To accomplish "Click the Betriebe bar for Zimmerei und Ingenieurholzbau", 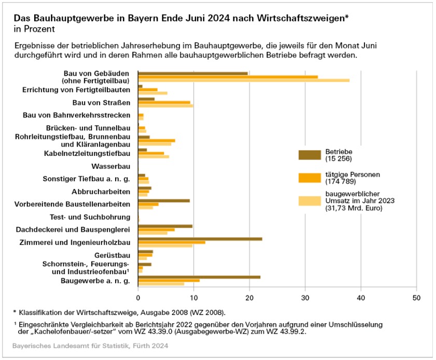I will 200,239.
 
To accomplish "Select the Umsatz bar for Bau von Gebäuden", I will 244,80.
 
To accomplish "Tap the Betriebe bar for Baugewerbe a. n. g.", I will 199,277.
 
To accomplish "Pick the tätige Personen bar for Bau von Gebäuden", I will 228,77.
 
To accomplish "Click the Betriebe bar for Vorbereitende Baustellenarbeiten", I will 164,200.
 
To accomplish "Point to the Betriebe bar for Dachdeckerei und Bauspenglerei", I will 165,226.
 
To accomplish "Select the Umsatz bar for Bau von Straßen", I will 165,106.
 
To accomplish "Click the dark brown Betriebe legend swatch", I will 310,155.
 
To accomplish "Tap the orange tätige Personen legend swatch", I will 310,178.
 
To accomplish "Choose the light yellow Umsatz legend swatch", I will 310,201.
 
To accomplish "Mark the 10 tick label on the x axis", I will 194,298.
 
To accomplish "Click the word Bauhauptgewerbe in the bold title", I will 63,18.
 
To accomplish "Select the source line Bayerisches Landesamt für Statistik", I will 90,345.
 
